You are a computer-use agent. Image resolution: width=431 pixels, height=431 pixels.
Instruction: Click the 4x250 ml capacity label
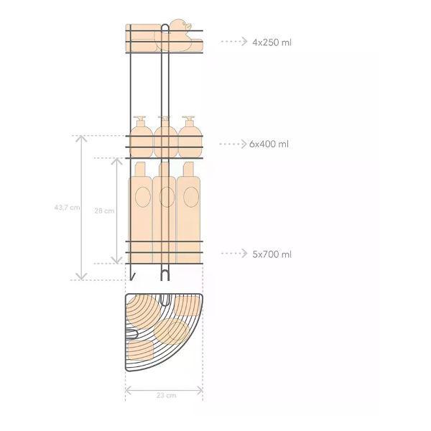pyautogui.click(x=272, y=42)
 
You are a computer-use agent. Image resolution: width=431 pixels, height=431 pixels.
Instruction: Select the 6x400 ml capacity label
pyautogui.click(x=269, y=144)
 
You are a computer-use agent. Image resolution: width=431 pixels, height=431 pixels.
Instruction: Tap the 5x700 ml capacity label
pyautogui.click(x=272, y=254)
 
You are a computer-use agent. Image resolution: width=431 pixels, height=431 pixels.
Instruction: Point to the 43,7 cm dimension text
pyautogui.click(x=67, y=208)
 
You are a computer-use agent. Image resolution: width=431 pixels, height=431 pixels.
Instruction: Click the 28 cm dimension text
pyautogui.click(x=104, y=210)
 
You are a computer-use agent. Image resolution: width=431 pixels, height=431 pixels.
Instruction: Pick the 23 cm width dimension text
pyautogui.click(x=167, y=395)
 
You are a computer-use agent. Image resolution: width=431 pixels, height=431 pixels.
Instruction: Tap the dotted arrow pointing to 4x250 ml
pyautogui.click(x=234, y=41)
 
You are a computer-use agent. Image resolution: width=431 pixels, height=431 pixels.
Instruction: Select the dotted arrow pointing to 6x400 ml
pyautogui.click(x=233, y=144)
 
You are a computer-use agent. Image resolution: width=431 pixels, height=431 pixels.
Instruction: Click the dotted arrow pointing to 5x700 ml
pyautogui.click(x=234, y=253)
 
